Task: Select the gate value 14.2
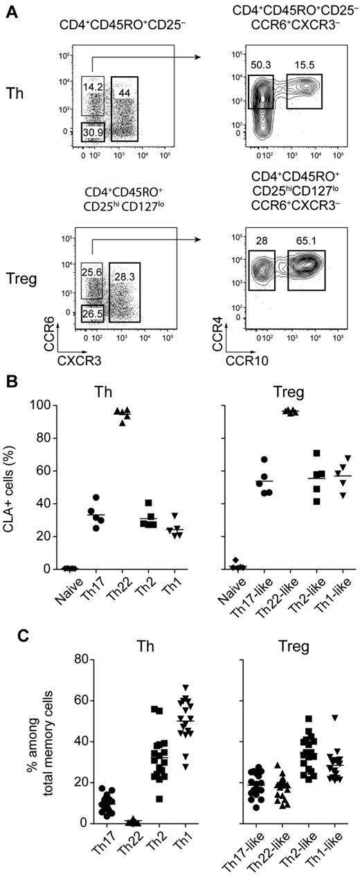(93, 87)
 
